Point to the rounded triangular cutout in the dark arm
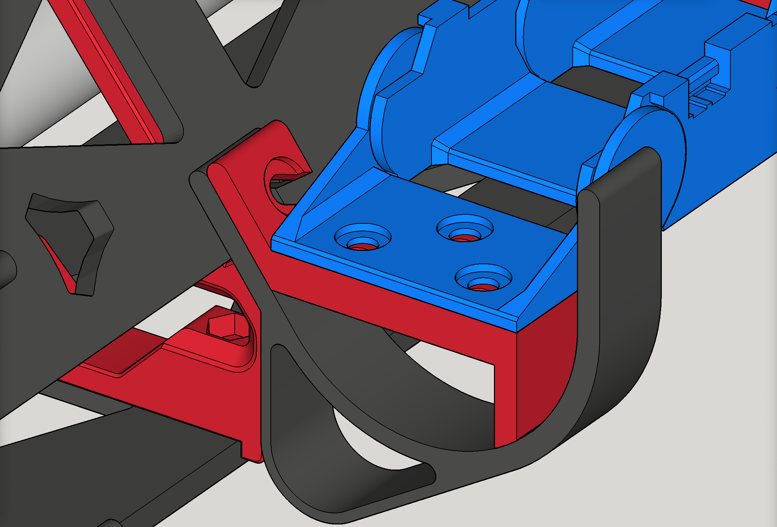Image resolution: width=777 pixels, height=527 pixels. click(69, 239)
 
